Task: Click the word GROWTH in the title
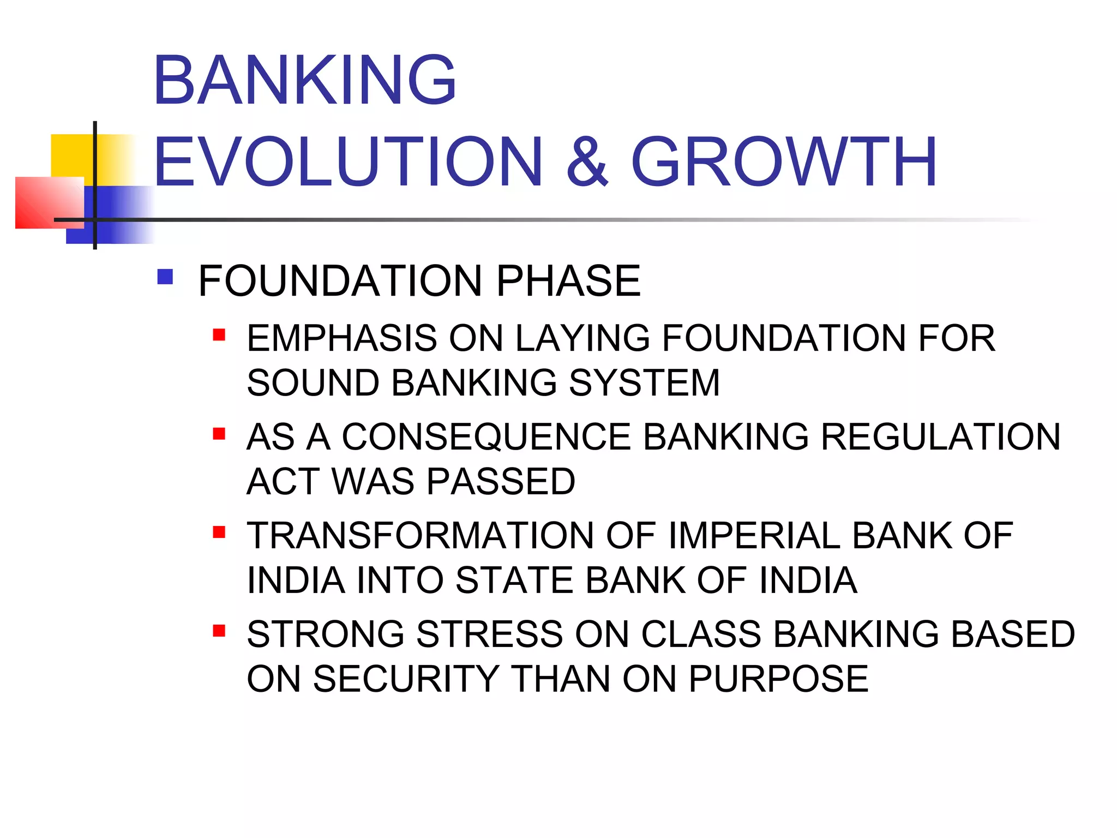[784, 162]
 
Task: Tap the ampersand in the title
[586, 162]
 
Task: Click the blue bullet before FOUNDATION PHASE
[165, 277]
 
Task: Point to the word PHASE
[568, 281]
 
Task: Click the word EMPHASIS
[341, 338]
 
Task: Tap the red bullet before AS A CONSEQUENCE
[219, 434]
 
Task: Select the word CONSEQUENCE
[487, 437]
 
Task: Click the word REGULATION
[941, 437]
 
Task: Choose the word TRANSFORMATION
[420, 536]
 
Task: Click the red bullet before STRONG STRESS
[219, 631]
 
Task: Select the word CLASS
[701, 635]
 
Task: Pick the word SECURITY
[406, 679]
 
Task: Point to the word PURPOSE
[778, 679]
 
